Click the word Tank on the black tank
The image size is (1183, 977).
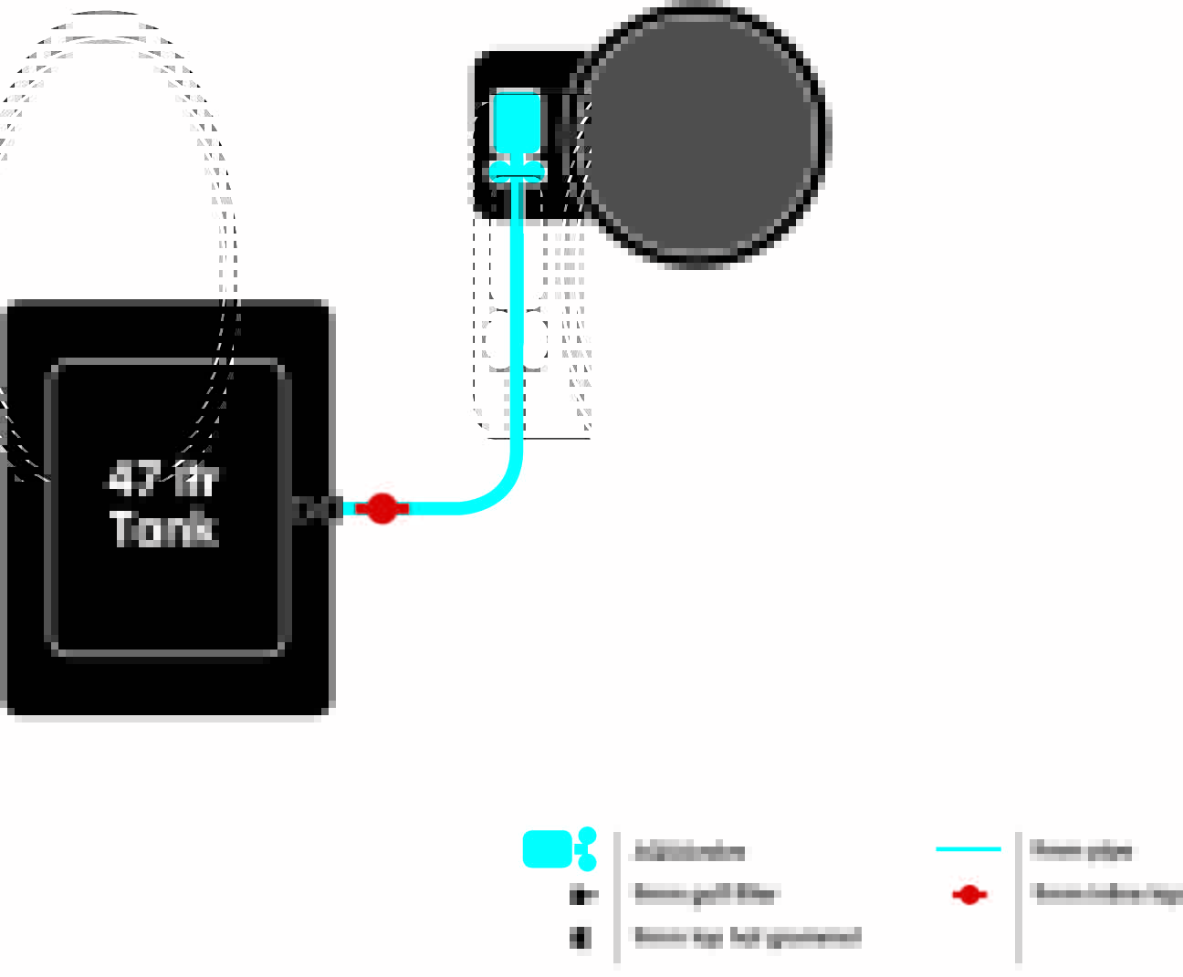(163, 528)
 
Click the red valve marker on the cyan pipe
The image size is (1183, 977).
(382, 508)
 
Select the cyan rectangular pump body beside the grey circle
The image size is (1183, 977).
(517, 121)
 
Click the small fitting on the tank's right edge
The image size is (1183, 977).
(315, 509)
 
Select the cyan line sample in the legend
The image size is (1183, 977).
(968, 849)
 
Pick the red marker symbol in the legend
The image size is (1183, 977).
(968, 895)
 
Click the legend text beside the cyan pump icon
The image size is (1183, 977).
(690, 852)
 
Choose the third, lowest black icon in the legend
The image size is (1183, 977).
(580, 937)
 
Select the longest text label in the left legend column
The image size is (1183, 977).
(748, 937)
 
